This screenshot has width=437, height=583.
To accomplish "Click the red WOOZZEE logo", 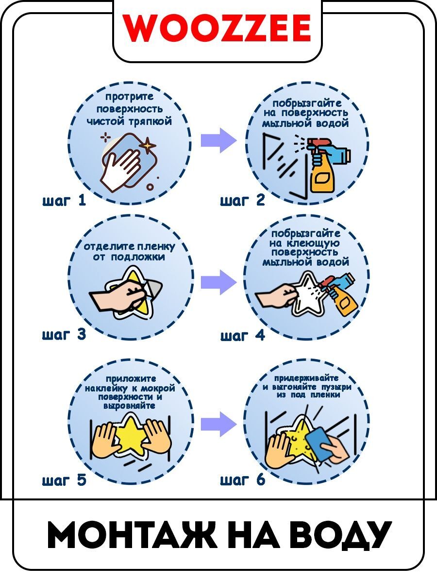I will (217, 28).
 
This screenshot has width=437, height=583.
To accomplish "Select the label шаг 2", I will (242, 201).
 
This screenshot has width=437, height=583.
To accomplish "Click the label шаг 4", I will (242, 335).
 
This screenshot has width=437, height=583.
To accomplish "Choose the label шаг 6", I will (242, 480).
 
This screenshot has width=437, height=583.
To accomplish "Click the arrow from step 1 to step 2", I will (218, 140).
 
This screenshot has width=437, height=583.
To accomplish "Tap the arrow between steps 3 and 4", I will (218, 282).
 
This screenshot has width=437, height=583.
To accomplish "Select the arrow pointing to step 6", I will (218, 424).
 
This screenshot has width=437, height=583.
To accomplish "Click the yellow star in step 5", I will (130, 435).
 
